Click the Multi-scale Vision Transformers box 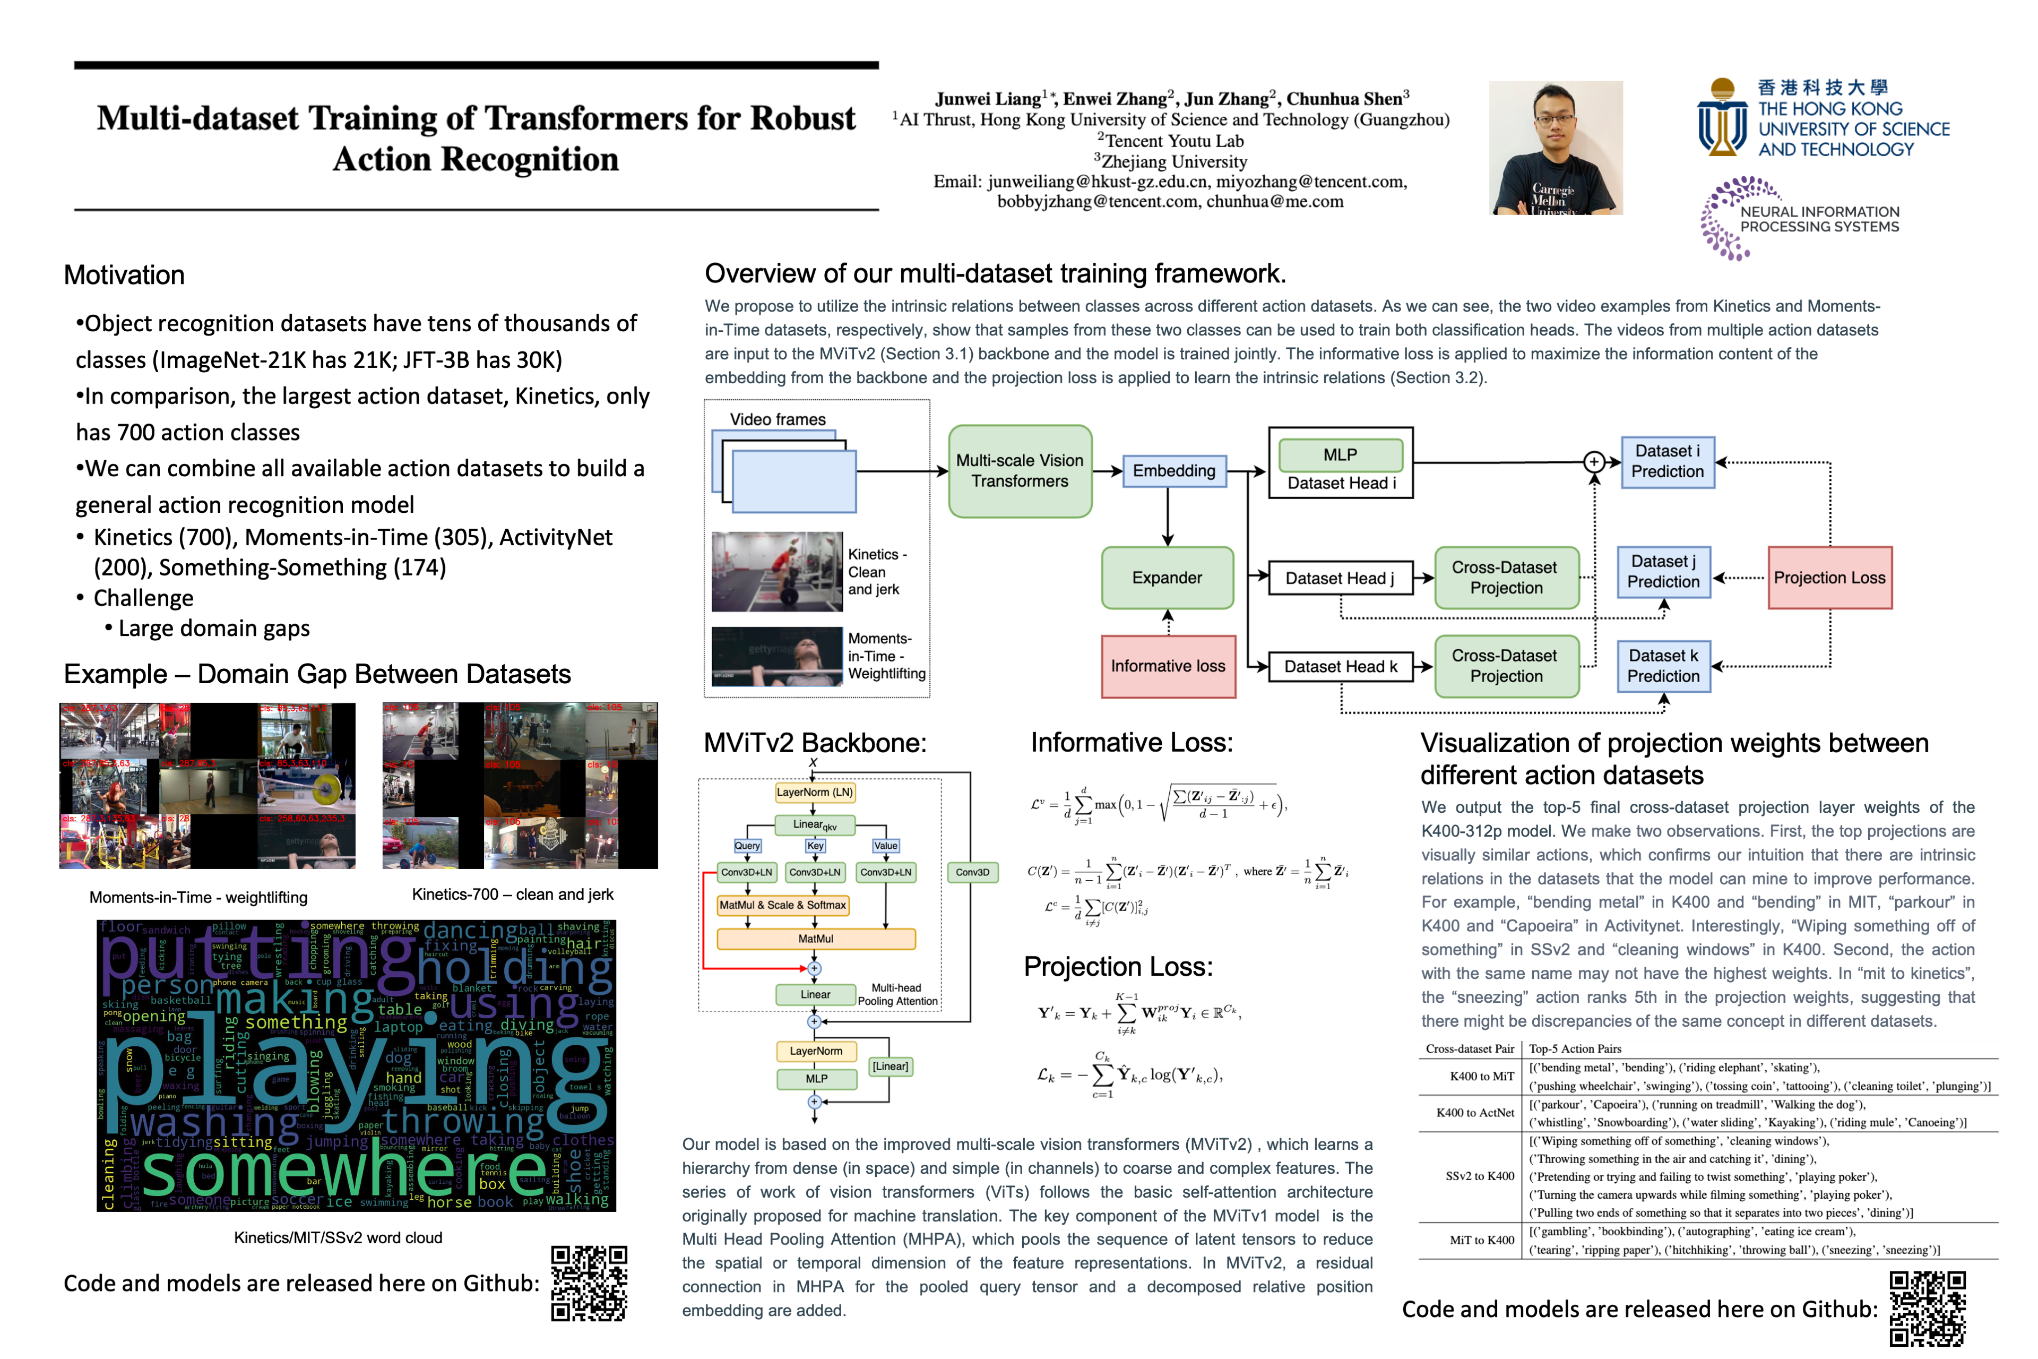1020,471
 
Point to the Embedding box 1173,471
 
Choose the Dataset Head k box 1341,667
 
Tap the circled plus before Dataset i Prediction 1593,462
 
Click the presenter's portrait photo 1556,148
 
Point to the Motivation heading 124,276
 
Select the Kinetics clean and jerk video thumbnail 777,572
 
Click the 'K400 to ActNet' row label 1475,1113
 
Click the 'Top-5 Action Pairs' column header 1575,1049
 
